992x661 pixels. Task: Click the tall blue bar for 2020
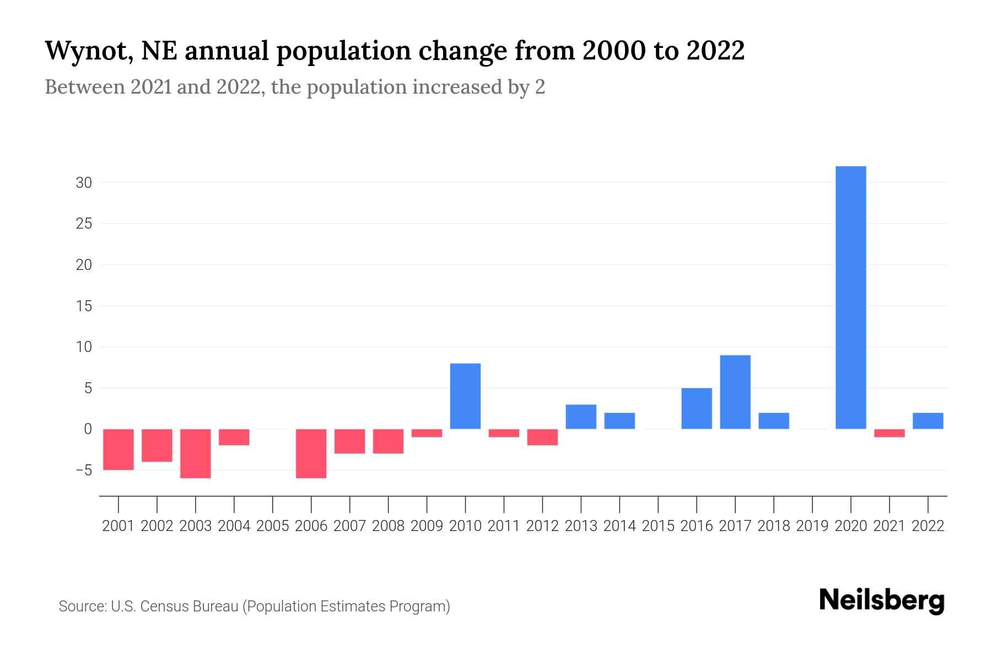850,297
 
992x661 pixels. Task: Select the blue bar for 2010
465,396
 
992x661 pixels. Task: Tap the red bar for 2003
196,453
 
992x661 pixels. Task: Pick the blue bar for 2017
735,392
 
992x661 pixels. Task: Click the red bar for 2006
311,453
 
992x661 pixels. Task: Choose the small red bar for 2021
889,433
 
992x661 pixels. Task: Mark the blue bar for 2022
928,421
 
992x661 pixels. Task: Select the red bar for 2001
118,449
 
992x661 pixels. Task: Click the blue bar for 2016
697,409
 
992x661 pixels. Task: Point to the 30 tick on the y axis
84,182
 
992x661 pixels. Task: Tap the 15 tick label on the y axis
84,306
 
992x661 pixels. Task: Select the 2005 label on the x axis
273,526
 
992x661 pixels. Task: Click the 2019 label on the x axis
812,526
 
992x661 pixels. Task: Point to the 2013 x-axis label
581,526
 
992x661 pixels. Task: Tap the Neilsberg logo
882,600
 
